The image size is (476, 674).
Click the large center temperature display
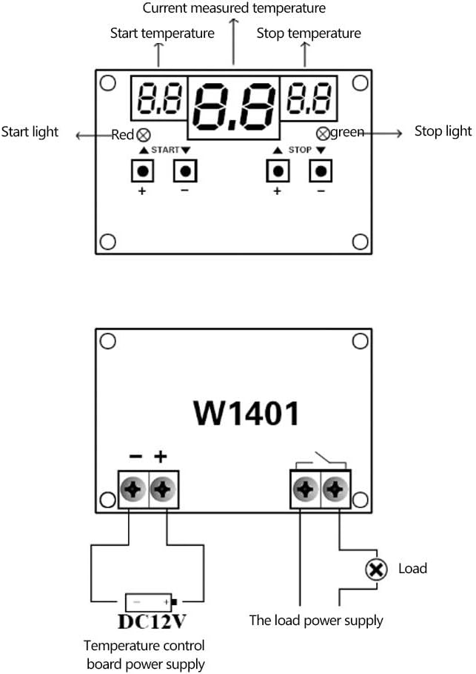click(233, 107)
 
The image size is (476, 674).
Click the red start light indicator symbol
click(144, 135)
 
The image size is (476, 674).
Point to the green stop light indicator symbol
click(323, 134)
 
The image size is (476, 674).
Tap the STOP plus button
click(278, 171)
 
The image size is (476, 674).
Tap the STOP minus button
click(321, 171)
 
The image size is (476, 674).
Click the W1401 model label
click(247, 413)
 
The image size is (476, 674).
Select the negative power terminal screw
click(134, 489)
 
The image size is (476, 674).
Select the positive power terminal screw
click(164, 489)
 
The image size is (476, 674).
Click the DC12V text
click(150, 620)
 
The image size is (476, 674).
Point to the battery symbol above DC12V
click(151, 601)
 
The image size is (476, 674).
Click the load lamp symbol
click(377, 569)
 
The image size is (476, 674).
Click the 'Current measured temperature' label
click(233, 9)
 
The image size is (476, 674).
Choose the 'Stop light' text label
click(443, 131)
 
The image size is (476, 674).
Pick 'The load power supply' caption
click(316, 620)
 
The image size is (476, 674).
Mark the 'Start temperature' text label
click(162, 33)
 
